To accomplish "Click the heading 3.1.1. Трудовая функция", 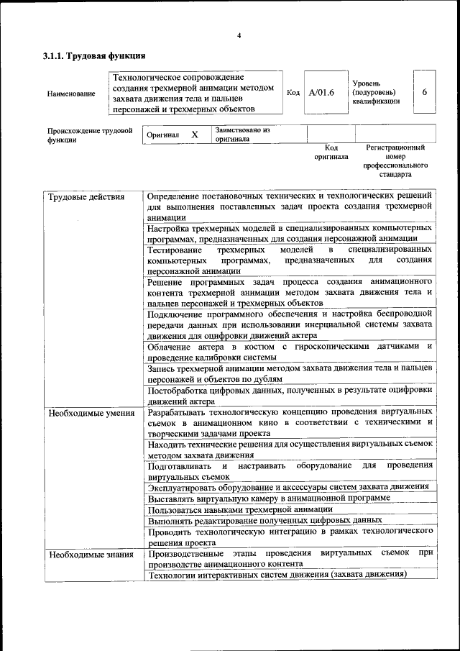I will point(94,55).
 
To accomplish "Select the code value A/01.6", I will point(321,92).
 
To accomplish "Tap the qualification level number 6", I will point(425,92).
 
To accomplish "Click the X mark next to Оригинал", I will point(194,135).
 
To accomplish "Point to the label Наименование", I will point(70,94).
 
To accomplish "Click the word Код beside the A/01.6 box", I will point(293,92).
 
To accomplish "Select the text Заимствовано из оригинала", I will point(242,135).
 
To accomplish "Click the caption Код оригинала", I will point(331,152).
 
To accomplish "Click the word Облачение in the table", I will point(168,347).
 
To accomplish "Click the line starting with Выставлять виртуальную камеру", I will point(269,498).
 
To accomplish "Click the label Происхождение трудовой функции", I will point(90,135).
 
